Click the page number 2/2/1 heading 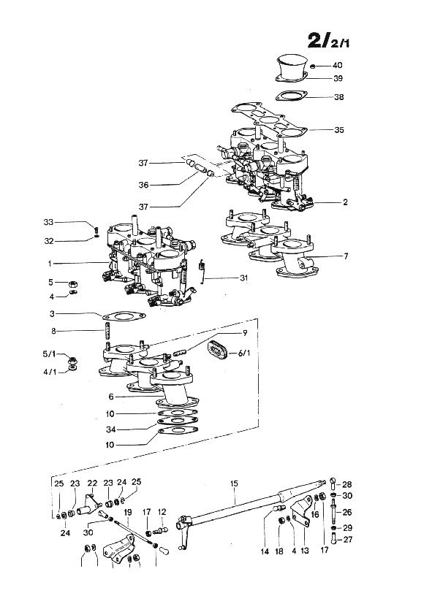tap(328, 40)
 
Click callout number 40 tap(337, 65)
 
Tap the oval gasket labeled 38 tap(292, 96)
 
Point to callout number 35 tap(339, 130)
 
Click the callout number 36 tap(143, 185)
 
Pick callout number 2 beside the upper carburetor tap(345, 202)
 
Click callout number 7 tap(346, 256)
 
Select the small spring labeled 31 tap(201, 271)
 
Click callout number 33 tap(48, 222)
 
